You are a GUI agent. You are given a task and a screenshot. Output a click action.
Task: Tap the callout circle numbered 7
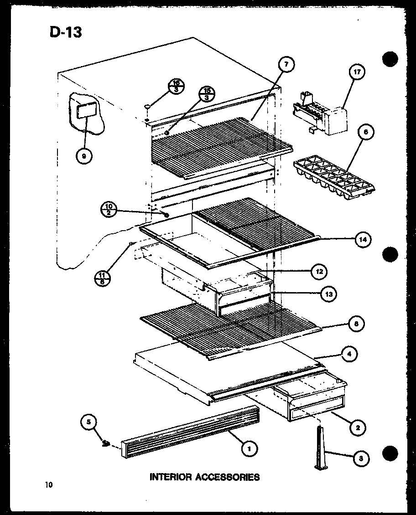(286, 65)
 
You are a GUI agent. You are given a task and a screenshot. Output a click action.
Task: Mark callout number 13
(328, 294)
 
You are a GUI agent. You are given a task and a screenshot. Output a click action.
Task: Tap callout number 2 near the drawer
(357, 427)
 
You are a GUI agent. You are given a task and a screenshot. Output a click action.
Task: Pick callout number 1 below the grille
(249, 449)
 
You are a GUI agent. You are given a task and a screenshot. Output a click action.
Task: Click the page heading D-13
(65, 32)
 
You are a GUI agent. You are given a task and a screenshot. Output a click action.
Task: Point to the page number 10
(49, 485)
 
